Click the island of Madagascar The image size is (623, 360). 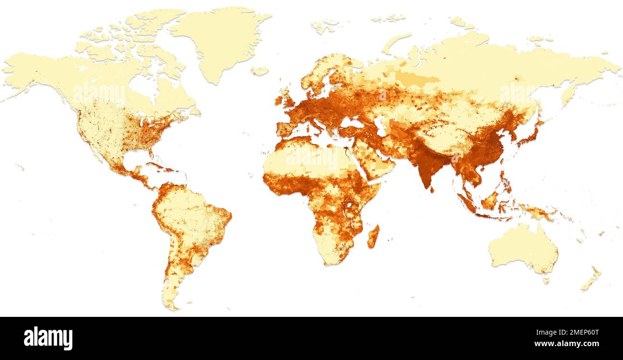coord(373,236)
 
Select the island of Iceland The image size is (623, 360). coord(259,71)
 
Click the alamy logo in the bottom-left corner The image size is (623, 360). coord(48,338)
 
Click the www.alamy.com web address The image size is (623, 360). coord(567,344)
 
